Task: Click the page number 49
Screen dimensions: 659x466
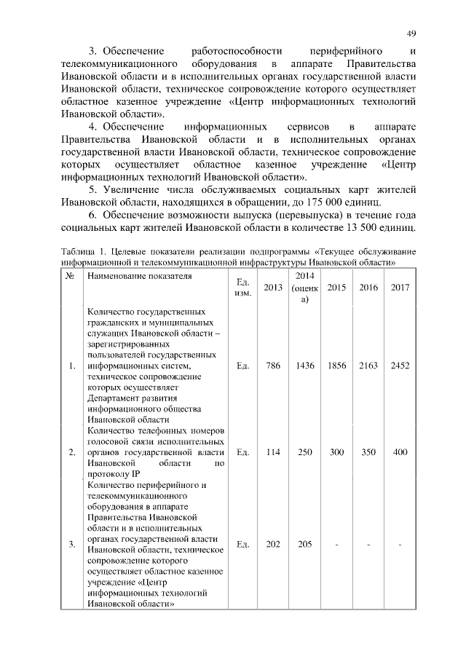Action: click(x=411, y=34)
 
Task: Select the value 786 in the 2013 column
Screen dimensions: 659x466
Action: click(x=273, y=366)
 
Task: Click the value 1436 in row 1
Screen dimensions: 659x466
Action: click(x=305, y=366)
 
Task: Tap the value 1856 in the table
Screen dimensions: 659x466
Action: click(x=337, y=366)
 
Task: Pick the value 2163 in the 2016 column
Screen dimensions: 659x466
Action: click(x=368, y=366)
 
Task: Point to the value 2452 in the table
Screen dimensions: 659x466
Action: click(x=400, y=366)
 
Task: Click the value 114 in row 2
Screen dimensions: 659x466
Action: click(x=273, y=452)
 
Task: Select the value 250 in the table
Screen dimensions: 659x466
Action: click(x=305, y=452)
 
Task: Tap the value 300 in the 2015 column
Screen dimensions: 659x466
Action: click(x=337, y=452)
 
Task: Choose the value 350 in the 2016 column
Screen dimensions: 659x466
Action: click(x=368, y=452)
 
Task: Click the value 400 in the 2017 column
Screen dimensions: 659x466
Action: click(x=400, y=452)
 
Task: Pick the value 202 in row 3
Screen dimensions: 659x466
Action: click(x=273, y=544)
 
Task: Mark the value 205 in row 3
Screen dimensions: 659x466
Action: click(x=305, y=544)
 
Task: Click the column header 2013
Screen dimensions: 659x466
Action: click(x=273, y=288)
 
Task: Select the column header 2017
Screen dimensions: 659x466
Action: click(x=400, y=288)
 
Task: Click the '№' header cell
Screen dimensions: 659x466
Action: click(x=71, y=277)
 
